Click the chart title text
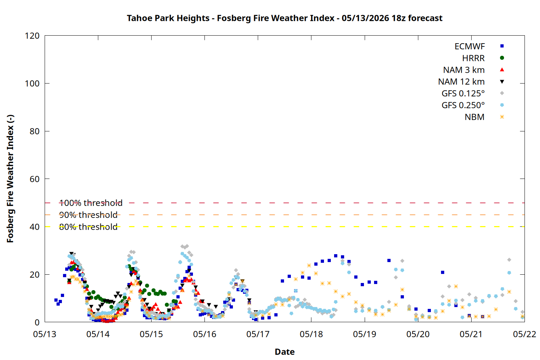click(x=284, y=18)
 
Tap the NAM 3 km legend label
click(x=464, y=70)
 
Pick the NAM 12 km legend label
click(x=462, y=82)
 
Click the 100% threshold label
click(x=91, y=203)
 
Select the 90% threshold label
click(x=88, y=215)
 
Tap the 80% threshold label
click(x=88, y=227)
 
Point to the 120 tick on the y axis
click(x=32, y=36)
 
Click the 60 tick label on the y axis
click(x=35, y=179)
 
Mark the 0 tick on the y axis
click(x=37, y=323)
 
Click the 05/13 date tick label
click(x=45, y=334)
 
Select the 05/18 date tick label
click(x=311, y=334)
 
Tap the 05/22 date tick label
click(x=525, y=334)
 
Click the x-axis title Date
click(x=285, y=352)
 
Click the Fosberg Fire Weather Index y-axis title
click(x=10, y=179)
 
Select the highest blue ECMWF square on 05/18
click(x=336, y=256)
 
